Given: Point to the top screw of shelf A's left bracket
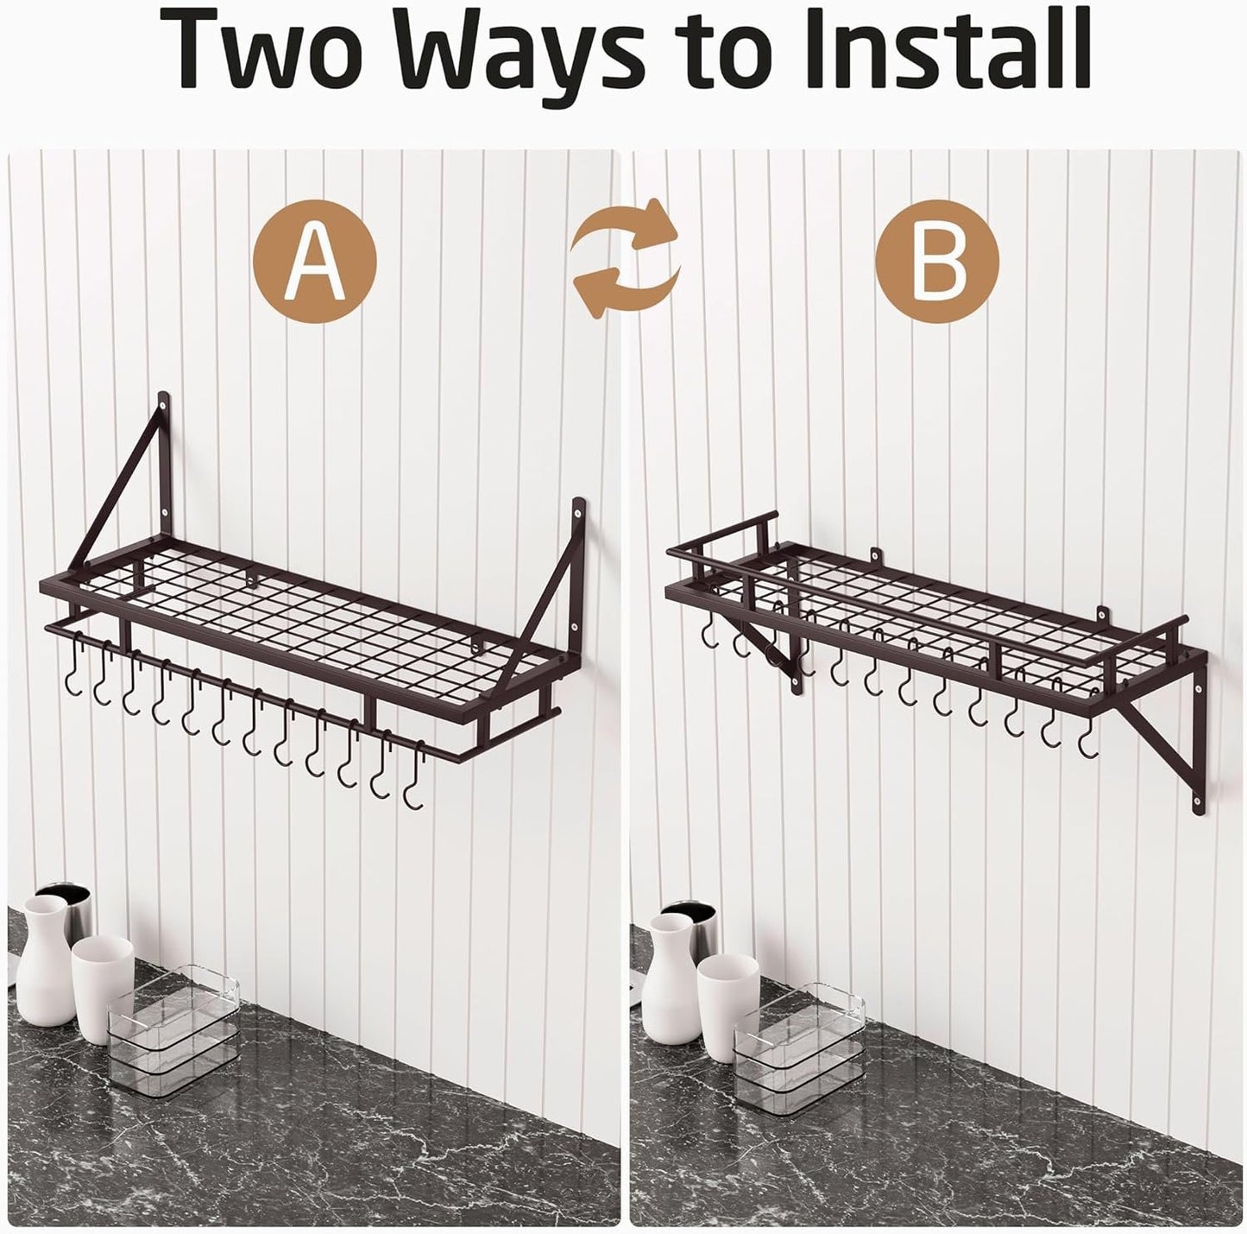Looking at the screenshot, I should pyautogui.click(x=163, y=421).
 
